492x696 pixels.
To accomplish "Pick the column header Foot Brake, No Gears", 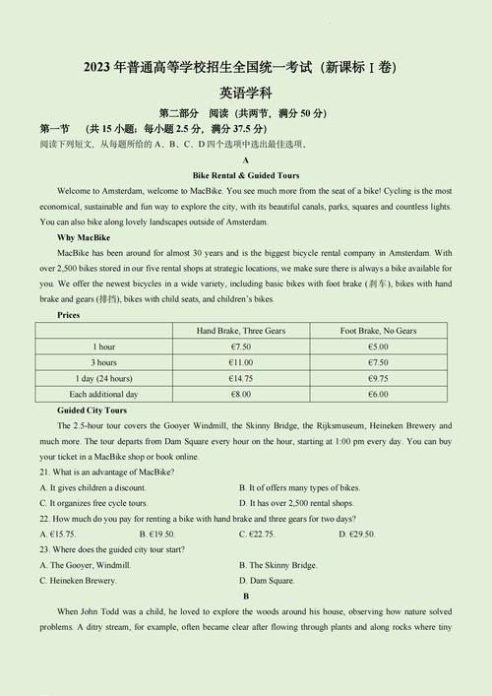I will coord(379,331).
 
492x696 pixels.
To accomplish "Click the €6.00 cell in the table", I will coord(379,394).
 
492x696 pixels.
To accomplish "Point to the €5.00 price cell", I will coord(379,347).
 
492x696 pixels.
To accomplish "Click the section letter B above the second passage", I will coord(246,597).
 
